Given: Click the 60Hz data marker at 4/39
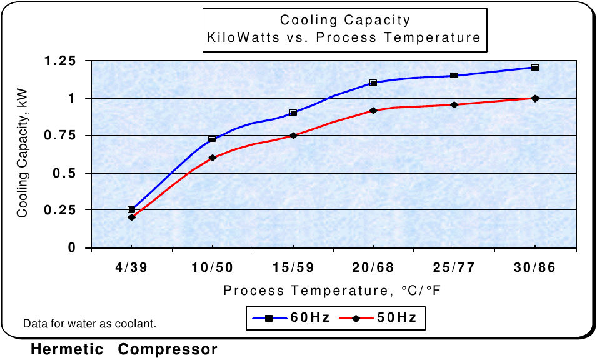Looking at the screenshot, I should [x=131, y=209].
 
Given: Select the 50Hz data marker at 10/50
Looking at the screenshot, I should [x=212, y=157].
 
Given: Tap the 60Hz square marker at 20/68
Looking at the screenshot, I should [x=373, y=82].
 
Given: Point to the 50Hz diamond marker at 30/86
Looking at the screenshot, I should [x=535, y=98].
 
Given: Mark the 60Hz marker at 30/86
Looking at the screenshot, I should [x=535, y=67].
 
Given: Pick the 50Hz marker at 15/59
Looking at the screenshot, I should [x=293, y=135].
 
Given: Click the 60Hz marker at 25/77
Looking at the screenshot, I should [x=454, y=76].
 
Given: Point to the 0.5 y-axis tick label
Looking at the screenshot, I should [x=69, y=173].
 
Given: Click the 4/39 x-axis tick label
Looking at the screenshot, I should [x=131, y=267].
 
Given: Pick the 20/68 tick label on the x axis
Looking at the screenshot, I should [x=373, y=267].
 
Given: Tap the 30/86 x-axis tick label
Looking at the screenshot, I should [x=535, y=267].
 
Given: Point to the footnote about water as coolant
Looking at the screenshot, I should [x=89, y=324].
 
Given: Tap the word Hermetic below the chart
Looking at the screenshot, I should [x=68, y=349].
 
